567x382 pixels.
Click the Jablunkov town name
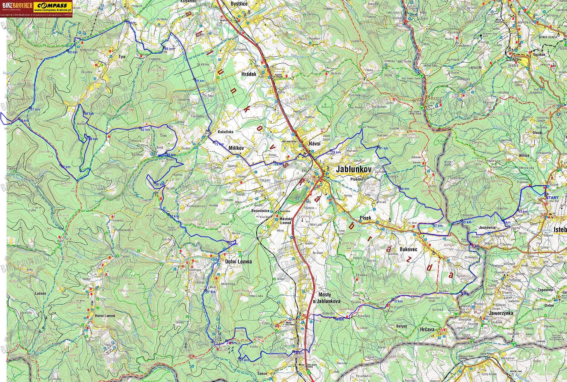point(354,169)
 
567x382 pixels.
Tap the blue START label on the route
point(552,198)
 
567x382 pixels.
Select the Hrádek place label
point(248,74)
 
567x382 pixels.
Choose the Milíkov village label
point(236,148)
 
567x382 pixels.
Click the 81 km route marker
point(383,148)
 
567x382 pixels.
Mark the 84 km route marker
point(404,189)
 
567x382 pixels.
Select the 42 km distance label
point(145,129)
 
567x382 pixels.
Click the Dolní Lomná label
point(238,262)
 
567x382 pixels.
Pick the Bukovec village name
point(408,250)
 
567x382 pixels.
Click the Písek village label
point(365,217)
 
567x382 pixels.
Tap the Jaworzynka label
point(501,313)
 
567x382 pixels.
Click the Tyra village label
point(122,57)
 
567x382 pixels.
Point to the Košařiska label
point(226,131)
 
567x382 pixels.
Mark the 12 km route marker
point(398,301)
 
